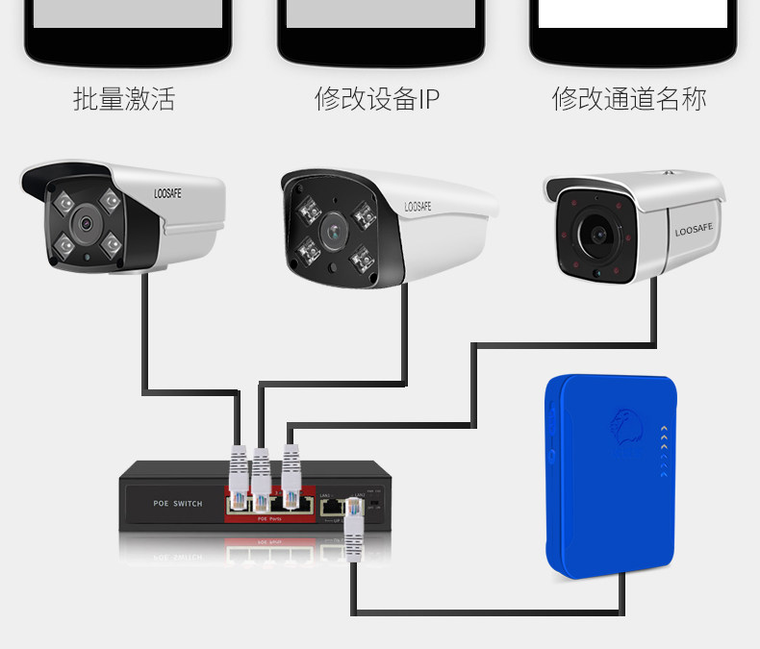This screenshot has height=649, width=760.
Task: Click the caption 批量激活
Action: pos(124,99)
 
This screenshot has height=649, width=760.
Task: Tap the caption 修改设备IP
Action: pos(377,99)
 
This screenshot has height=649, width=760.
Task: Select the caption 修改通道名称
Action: pos(629,99)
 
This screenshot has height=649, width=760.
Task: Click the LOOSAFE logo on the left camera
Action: pos(167,193)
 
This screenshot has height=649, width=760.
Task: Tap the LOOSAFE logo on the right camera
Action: pos(695,231)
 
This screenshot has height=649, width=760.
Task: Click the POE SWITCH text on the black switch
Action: pos(178,503)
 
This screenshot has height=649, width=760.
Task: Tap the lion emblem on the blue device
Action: pos(625,430)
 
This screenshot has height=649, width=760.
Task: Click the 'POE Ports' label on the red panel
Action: pos(268,519)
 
